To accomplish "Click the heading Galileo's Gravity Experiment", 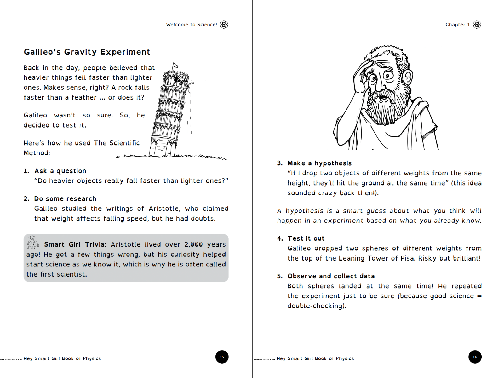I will click(87, 52).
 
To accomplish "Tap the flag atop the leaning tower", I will click(175, 66).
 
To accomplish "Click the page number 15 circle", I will click(222, 357).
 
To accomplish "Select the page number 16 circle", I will click(475, 357).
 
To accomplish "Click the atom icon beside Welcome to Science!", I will click(224, 25).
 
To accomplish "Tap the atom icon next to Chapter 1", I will click(477, 25).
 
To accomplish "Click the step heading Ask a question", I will click(60, 171).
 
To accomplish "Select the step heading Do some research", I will click(65, 199).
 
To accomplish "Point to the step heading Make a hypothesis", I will click(319, 163).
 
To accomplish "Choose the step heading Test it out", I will click(306, 238).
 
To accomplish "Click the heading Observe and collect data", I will click(331, 276).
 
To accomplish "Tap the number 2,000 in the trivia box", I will click(193, 244).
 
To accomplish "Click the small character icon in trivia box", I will click(33, 242).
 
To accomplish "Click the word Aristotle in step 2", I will click(163, 209).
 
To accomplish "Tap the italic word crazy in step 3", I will click(328, 193).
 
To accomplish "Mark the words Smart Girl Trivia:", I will click(75, 244).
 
